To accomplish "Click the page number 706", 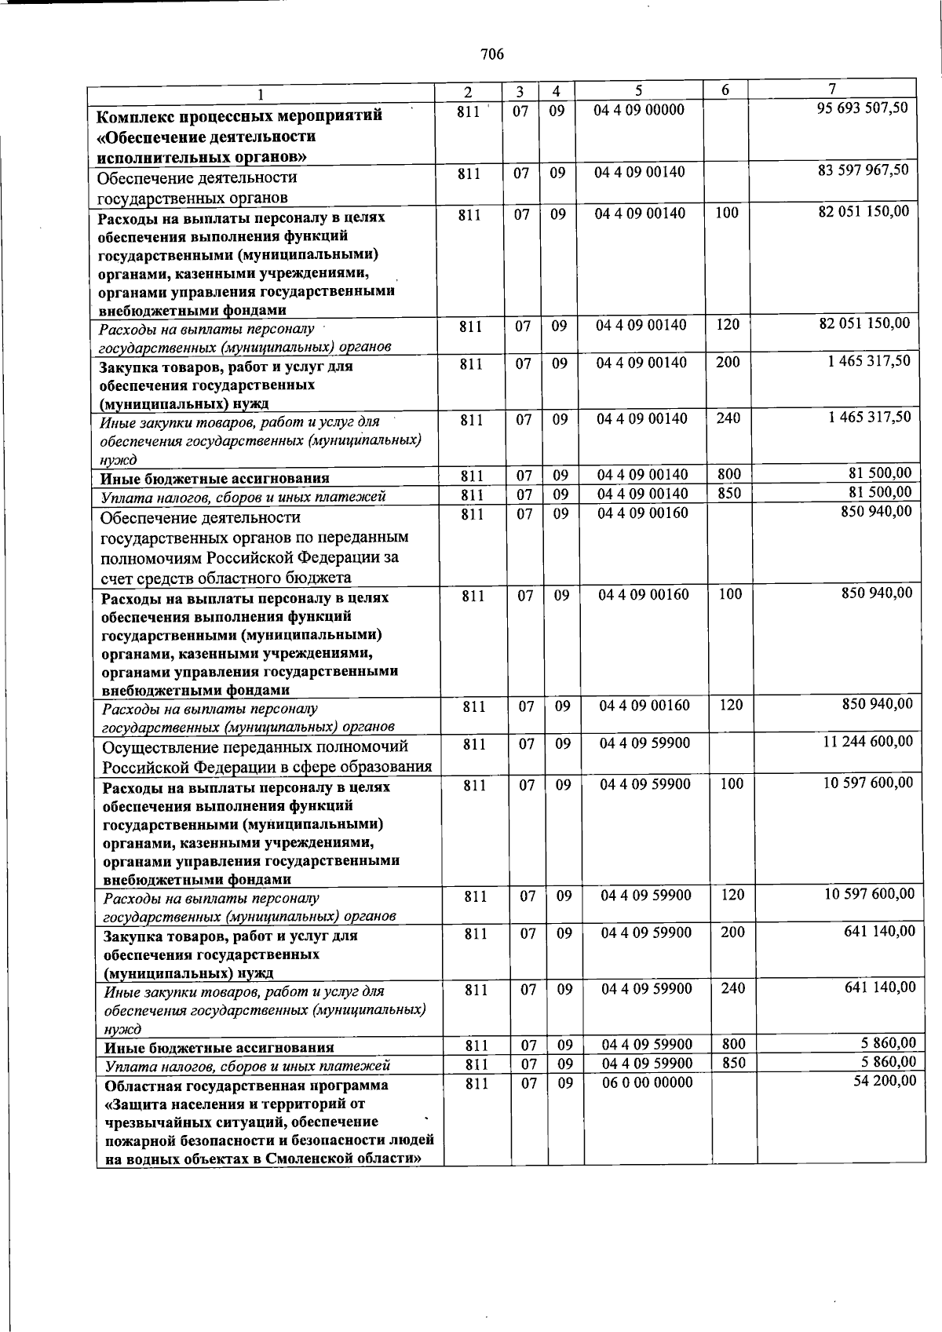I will click(491, 54).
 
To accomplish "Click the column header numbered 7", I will click(832, 89).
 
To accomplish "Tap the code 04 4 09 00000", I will click(639, 110).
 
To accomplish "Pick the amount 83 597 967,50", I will click(863, 170).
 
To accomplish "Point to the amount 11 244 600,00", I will click(867, 741).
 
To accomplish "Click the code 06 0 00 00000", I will click(648, 1083).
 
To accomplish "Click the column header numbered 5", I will click(639, 90).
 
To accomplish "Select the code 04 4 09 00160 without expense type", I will click(643, 513).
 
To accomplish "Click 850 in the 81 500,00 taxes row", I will click(728, 494).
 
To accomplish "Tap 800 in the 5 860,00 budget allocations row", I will click(733, 1044).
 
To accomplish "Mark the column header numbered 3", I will click(520, 91).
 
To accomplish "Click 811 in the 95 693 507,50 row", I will click(468, 111).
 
